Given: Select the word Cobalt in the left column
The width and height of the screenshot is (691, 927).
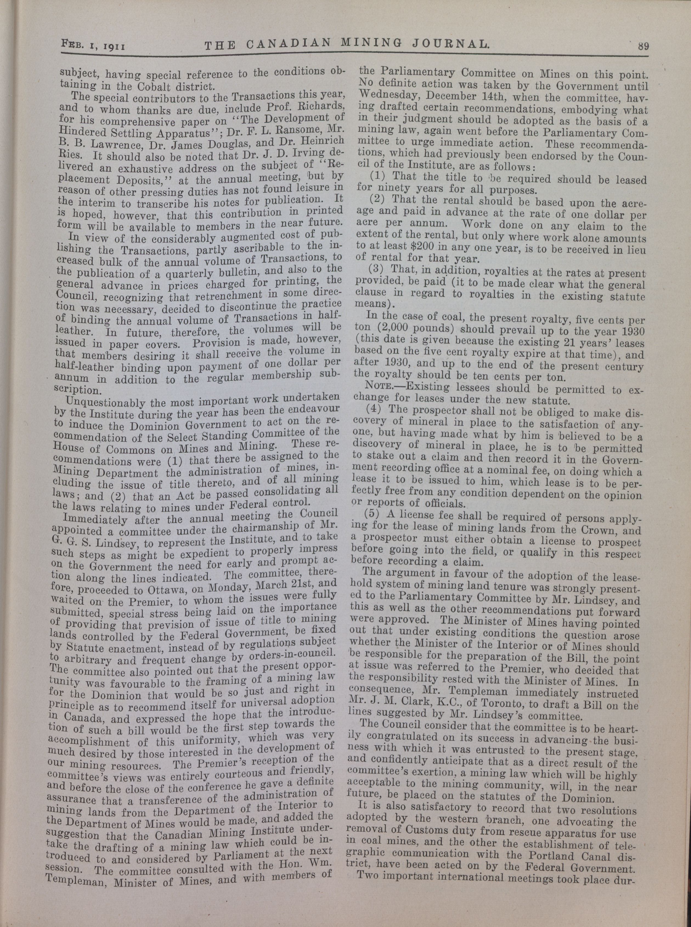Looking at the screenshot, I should pos(150,87).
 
